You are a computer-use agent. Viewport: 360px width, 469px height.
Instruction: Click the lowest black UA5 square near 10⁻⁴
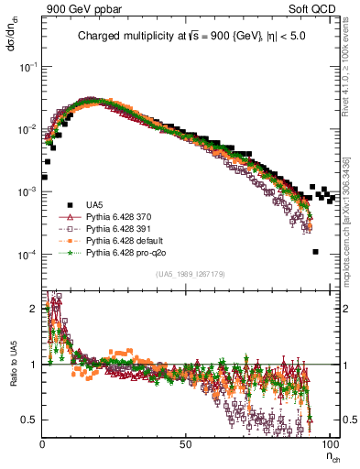315,252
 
